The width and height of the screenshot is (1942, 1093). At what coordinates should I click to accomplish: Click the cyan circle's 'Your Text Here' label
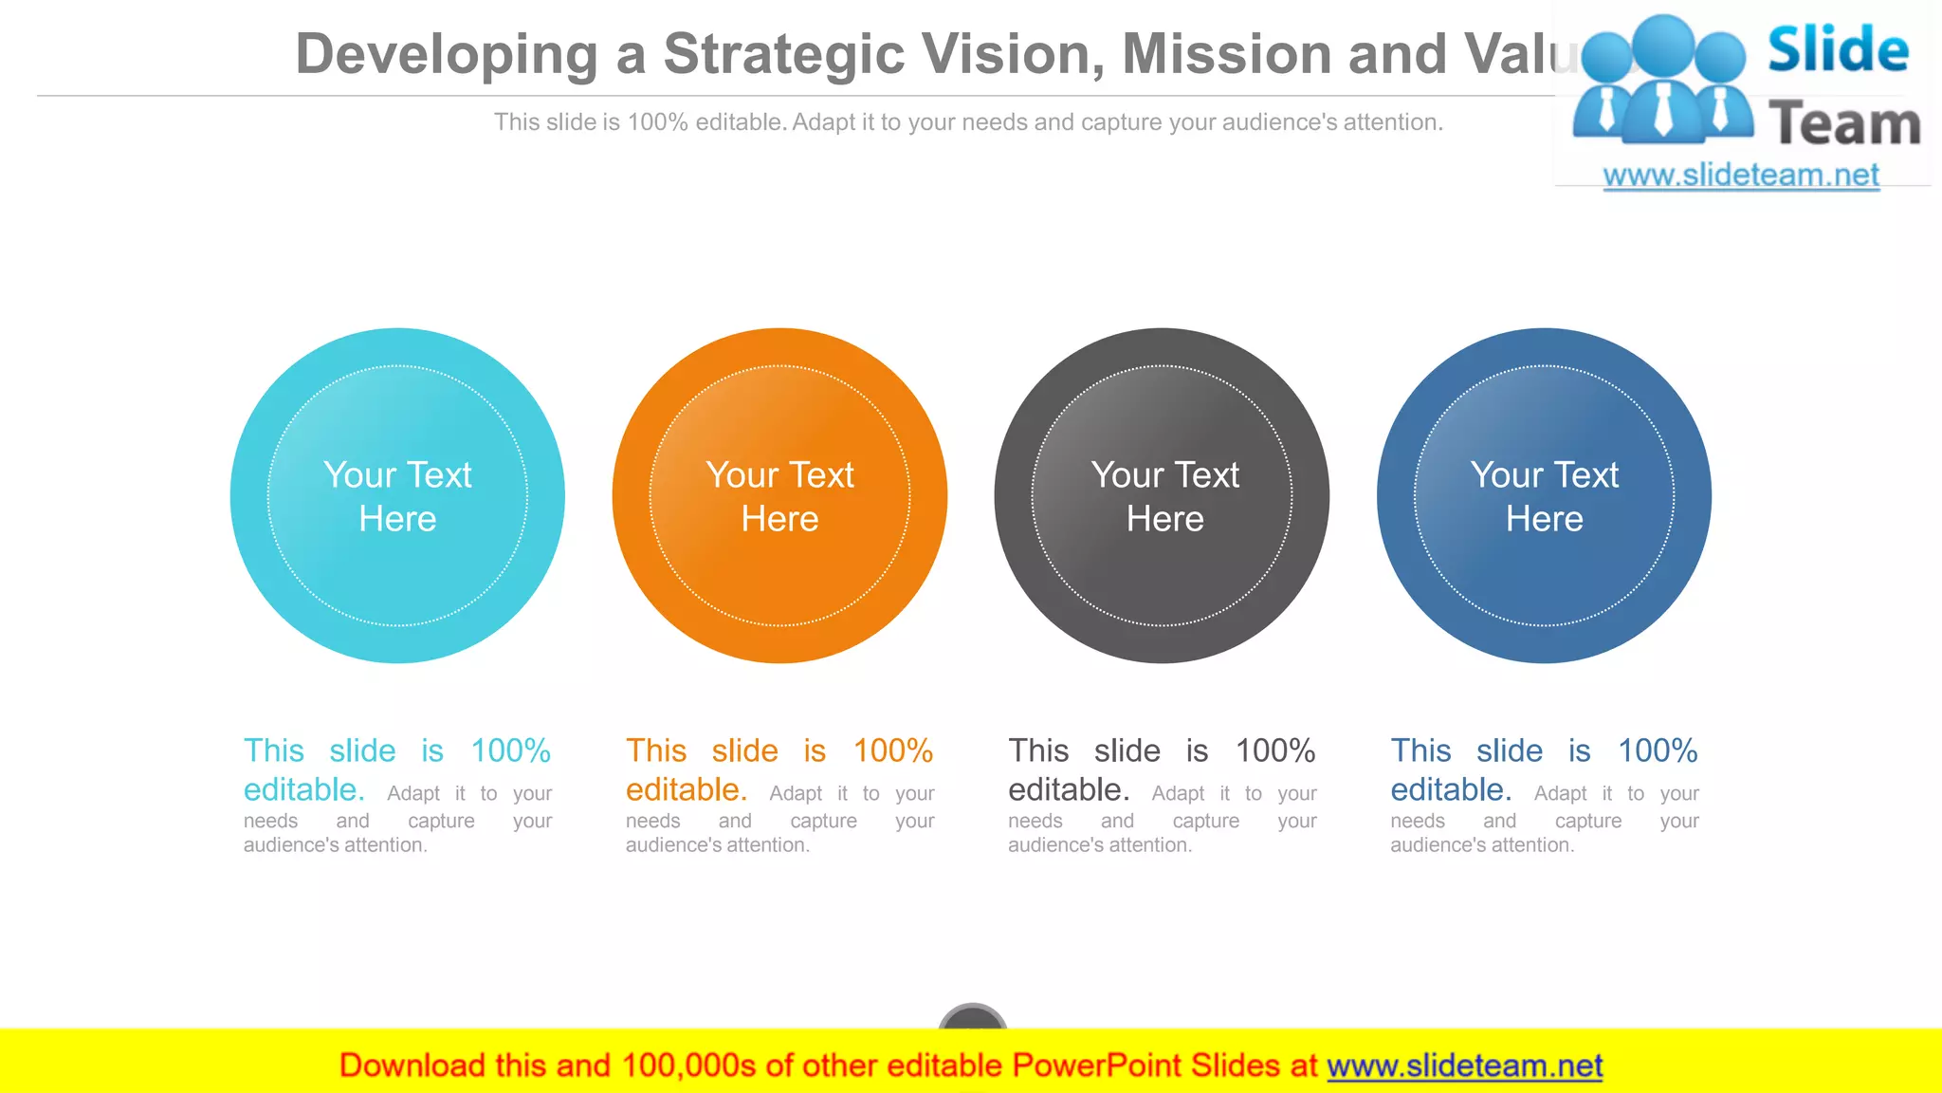coord(397,496)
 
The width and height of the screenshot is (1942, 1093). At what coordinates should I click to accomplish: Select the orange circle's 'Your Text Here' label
coord(779,496)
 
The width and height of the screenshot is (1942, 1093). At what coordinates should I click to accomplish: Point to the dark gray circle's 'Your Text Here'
coord(1164,496)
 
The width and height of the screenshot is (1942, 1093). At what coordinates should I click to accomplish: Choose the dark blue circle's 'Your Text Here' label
coord(1544,496)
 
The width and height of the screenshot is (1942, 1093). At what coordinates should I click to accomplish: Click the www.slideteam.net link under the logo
coord(1740,176)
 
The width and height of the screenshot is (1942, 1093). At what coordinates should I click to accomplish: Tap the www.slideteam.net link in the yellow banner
coord(1464,1065)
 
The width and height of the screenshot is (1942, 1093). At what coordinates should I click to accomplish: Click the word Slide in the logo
coord(1838,49)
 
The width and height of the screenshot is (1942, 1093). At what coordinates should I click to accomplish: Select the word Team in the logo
coord(1844,124)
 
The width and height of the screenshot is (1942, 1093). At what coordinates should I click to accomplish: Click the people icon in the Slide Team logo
coord(1662,82)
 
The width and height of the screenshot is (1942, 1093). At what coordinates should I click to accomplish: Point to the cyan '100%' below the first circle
coord(510,751)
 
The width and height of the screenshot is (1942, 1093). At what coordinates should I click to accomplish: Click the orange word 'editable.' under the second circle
coord(687,789)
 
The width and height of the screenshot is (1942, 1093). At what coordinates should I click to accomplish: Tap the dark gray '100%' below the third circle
coord(1274,751)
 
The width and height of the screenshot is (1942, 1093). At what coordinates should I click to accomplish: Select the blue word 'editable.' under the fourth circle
coord(1451,789)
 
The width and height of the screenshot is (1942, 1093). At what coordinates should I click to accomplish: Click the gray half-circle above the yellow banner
coord(972,1016)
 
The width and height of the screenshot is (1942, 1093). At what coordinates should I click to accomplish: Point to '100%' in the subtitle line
coord(657,122)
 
